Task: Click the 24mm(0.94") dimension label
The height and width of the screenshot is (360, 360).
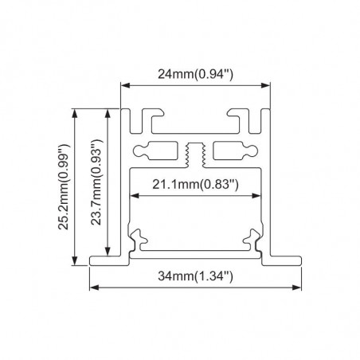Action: click(195, 74)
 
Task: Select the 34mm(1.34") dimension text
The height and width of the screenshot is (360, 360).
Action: click(195, 276)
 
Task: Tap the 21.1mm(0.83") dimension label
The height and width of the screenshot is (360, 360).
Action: click(195, 184)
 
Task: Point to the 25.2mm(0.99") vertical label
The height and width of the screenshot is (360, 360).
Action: click(64, 187)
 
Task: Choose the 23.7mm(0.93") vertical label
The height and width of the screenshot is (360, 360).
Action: click(96, 182)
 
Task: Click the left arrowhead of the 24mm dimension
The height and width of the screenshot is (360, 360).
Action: click(125, 85)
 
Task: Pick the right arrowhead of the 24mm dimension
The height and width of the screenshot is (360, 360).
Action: click(266, 85)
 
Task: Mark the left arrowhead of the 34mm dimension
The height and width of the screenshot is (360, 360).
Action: click(94, 288)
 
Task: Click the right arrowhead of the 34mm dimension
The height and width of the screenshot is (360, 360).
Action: click(297, 288)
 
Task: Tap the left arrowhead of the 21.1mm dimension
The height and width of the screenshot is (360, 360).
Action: click(135, 196)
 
